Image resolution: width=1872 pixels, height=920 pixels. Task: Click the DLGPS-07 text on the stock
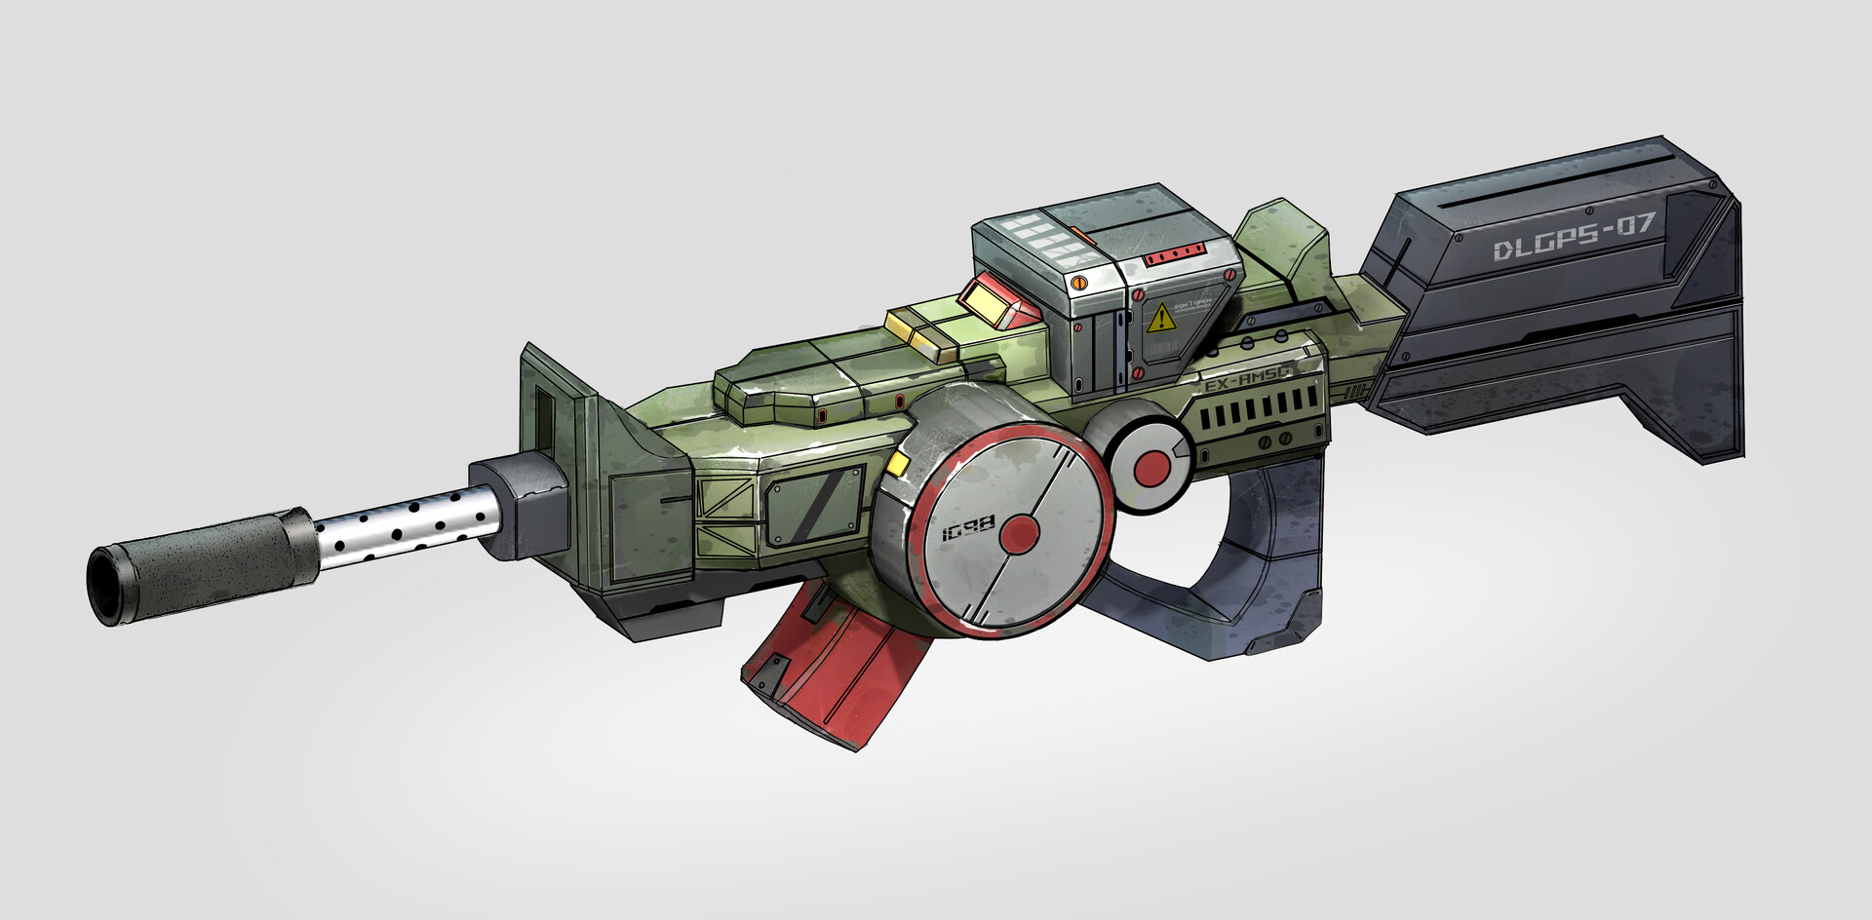click(x=1574, y=237)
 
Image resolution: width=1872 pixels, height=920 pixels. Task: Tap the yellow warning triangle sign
click(x=1160, y=319)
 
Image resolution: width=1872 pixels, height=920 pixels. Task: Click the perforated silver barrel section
click(x=405, y=531)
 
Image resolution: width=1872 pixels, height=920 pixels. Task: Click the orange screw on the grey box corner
click(x=1078, y=283)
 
